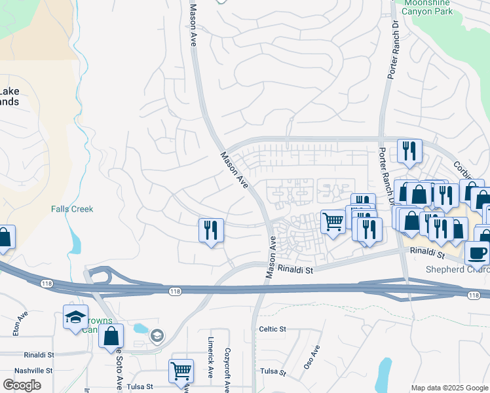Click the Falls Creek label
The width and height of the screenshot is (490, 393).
[x=72, y=209]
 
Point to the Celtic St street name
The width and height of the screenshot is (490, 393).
[x=273, y=329]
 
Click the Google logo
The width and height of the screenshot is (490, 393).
[x=22, y=384]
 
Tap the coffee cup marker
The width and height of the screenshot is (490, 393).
[x=477, y=252]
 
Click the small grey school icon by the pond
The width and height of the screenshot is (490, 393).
[x=157, y=336]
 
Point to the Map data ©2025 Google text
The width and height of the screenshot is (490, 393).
[x=449, y=388]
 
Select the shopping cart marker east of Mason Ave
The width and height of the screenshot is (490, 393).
[x=333, y=222]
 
